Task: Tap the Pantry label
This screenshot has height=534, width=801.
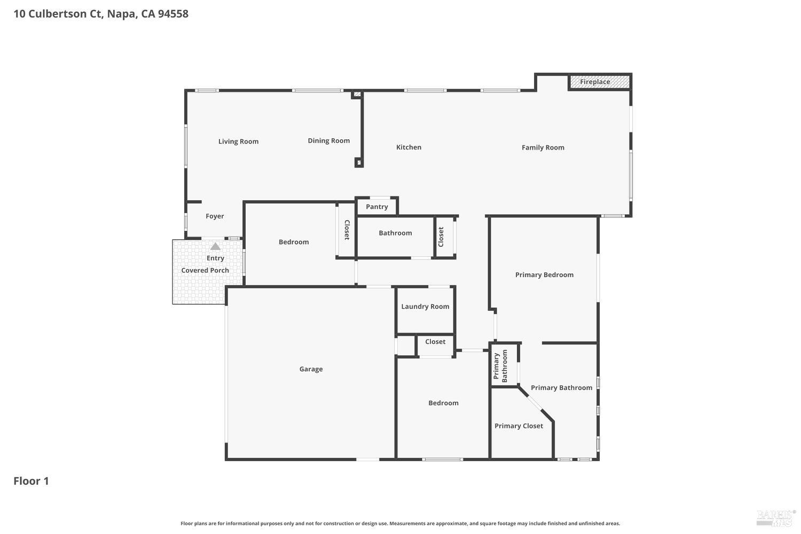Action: coord(376,207)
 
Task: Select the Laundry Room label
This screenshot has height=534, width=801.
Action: coord(425,307)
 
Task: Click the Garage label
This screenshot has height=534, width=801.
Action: coord(311,369)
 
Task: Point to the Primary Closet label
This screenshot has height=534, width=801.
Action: coord(519,426)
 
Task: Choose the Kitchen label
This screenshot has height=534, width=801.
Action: coord(409,147)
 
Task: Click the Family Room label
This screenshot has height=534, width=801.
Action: coord(543,147)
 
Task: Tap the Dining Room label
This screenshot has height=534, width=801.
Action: coord(328,141)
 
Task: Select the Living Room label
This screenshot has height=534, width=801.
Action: coord(238,142)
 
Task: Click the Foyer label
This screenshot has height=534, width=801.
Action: coord(215,216)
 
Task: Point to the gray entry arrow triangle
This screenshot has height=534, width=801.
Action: coord(215,247)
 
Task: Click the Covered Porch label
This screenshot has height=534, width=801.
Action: coord(205,270)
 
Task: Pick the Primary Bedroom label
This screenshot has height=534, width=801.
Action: coord(544,275)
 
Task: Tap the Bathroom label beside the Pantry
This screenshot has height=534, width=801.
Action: coord(395,233)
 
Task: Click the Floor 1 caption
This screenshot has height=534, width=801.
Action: coord(31,481)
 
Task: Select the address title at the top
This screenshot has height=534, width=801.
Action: coord(101,14)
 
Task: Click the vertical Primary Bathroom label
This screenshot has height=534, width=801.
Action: coord(500,366)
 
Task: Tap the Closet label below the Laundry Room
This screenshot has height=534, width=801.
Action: coord(435,342)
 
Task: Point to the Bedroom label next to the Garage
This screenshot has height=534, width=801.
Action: coord(443,403)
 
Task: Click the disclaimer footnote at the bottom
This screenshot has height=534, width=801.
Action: coord(400,524)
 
